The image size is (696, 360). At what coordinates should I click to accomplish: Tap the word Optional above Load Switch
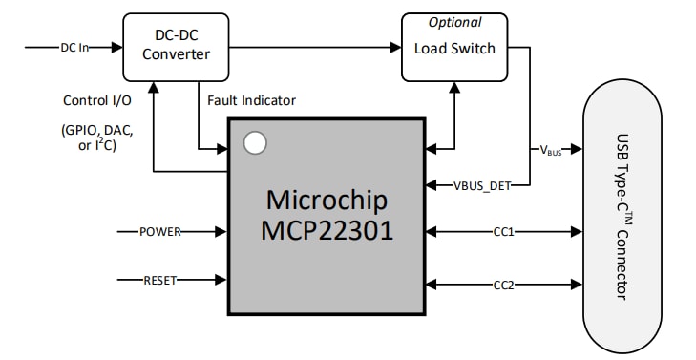coord(453,22)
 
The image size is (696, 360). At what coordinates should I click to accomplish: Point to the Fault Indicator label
coord(251,99)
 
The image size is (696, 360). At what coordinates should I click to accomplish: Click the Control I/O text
coord(96,99)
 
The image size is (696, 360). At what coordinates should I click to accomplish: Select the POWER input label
coord(159,231)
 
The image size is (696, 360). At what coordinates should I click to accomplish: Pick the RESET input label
coord(159,280)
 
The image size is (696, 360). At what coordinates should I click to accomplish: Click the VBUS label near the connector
coord(552,149)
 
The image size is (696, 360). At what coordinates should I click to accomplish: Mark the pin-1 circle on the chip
coord(255,143)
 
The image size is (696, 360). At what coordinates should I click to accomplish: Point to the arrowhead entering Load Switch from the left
coord(394,46)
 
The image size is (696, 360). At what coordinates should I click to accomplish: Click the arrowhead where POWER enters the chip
coord(221,231)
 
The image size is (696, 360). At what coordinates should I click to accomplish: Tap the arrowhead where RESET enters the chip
coord(221,280)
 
